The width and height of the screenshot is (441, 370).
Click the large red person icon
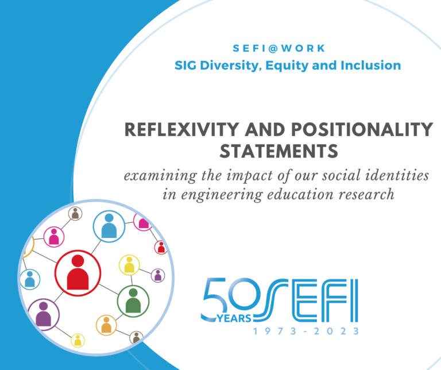click(x=78, y=272)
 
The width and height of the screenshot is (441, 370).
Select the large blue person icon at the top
click(x=109, y=226)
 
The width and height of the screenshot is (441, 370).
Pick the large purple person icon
click(x=43, y=314)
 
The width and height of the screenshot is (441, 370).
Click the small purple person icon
click(x=158, y=275)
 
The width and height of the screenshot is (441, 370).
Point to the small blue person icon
click(x=29, y=279)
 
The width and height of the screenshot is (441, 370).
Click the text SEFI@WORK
click(x=279, y=48)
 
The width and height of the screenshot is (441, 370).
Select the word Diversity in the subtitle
click(x=231, y=65)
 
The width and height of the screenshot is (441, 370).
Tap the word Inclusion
click(x=371, y=65)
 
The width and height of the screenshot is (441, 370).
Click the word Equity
click(x=287, y=66)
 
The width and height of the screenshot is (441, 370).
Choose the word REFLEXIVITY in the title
click(x=181, y=129)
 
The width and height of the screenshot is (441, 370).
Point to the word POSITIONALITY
click(x=362, y=129)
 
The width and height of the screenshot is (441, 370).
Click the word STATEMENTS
click(x=278, y=151)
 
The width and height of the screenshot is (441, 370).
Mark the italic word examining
click(x=161, y=176)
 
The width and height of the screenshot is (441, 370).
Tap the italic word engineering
click(x=222, y=195)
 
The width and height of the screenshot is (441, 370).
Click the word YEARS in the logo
click(x=234, y=318)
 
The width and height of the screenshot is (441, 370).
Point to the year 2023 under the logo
click(x=336, y=331)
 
